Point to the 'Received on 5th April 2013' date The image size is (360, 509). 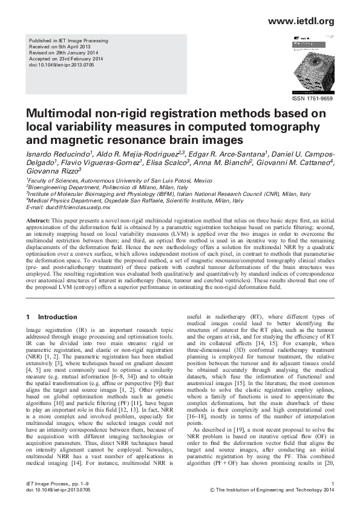(x=54, y=47)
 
